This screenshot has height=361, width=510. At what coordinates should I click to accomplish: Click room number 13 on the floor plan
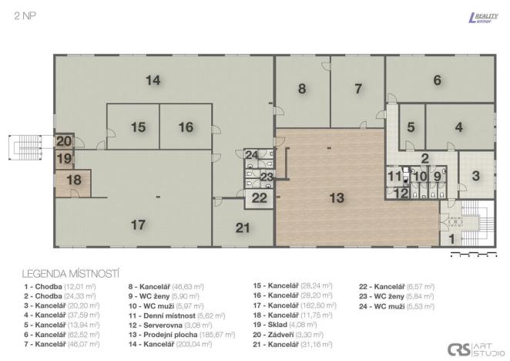pyautogui.click(x=337, y=197)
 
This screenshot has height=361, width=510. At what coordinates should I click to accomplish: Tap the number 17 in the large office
pyautogui.click(x=138, y=224)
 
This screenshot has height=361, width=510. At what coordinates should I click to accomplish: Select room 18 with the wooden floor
pyautogui.click(x=73, y=180)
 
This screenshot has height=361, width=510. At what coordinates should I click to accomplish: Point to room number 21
pyautogui.click(x=243, y=227)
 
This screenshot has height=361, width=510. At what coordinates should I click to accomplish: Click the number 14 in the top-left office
pyautogui.click(x=153, y=79)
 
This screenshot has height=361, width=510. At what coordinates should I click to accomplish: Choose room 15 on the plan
pyautogui.click(x=138, y=127)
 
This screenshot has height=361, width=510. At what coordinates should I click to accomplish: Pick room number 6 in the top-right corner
pyautogui.click(x=437, y=79)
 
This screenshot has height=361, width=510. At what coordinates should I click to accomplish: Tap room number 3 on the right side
pyautogui.click(x=475, y=175)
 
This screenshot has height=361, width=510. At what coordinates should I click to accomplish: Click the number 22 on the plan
pyautogui.click(x=260, y=197)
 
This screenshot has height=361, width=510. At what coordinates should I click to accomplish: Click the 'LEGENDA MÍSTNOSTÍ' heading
pyautogui.click(x=70, y=273)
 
